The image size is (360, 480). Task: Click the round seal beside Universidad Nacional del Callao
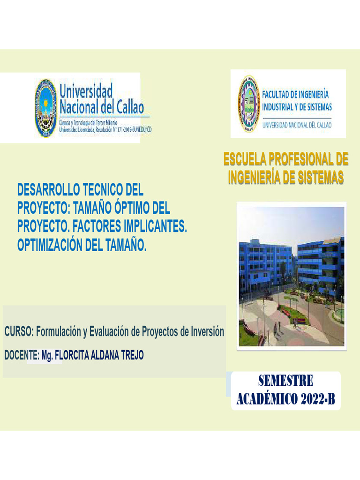click(x=45, y=108)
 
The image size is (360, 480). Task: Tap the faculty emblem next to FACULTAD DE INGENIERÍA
click(x=248, y=104)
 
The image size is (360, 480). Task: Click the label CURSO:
click(x=19, y=332)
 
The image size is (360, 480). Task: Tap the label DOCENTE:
click(x=22, y=355)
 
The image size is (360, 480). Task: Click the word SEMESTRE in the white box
click(x=285, y=380)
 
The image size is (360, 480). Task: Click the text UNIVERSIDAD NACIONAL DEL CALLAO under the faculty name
click(x=297, y=125)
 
